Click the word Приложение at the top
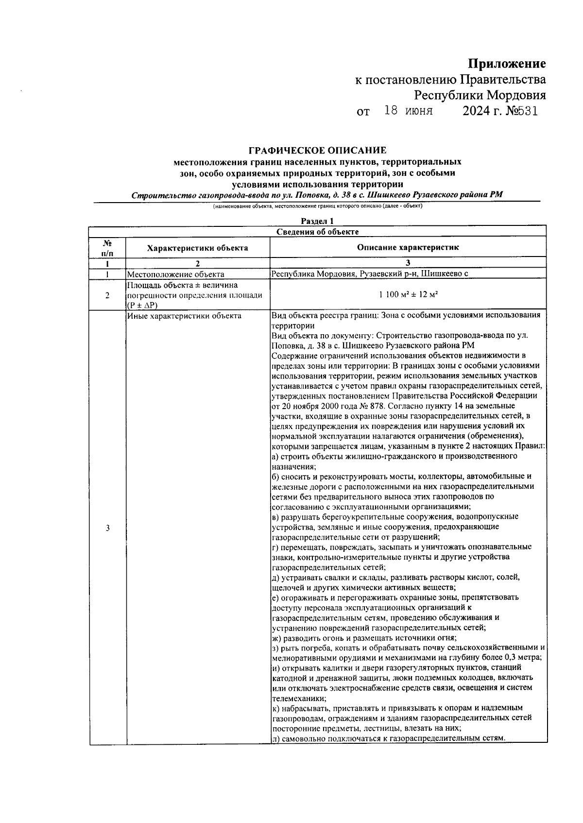[x=507, y=64]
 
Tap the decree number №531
[x=522, y=111]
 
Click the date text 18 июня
[x=408, y=111]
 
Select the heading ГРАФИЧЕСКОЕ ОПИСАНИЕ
[x=317, y=151]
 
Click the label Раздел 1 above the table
[x=317, y=221]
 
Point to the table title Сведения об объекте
[x=317, y=231]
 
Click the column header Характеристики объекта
[x=197, y=248]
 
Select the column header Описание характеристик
[x=408, y=247]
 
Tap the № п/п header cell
[x=107, y=247]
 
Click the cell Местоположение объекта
[x=175, y=274]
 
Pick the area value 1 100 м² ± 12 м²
[x=408, y=295]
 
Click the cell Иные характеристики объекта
[x=184, y=316]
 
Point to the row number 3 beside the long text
[x=107, y=528]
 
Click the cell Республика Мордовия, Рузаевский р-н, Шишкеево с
[x=369, y=274]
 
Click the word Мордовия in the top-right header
[x=516, y=95]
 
